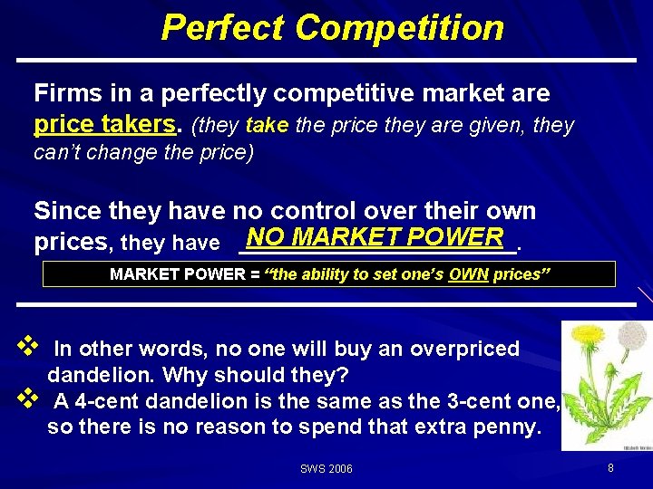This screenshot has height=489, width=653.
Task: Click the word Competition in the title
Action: pos(399,27)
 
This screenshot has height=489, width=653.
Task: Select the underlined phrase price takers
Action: pos(103,124)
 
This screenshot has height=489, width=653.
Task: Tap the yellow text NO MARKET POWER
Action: pos(374,237)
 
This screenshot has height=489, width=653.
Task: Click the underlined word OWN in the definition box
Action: pos(468,274)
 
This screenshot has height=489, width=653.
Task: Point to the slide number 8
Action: pos(610,468)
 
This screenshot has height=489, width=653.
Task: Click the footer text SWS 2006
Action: pos(326,469)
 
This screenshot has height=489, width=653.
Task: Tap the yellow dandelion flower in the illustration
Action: pos(590,336)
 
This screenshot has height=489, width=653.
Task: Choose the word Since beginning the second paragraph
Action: pos(64,212)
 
